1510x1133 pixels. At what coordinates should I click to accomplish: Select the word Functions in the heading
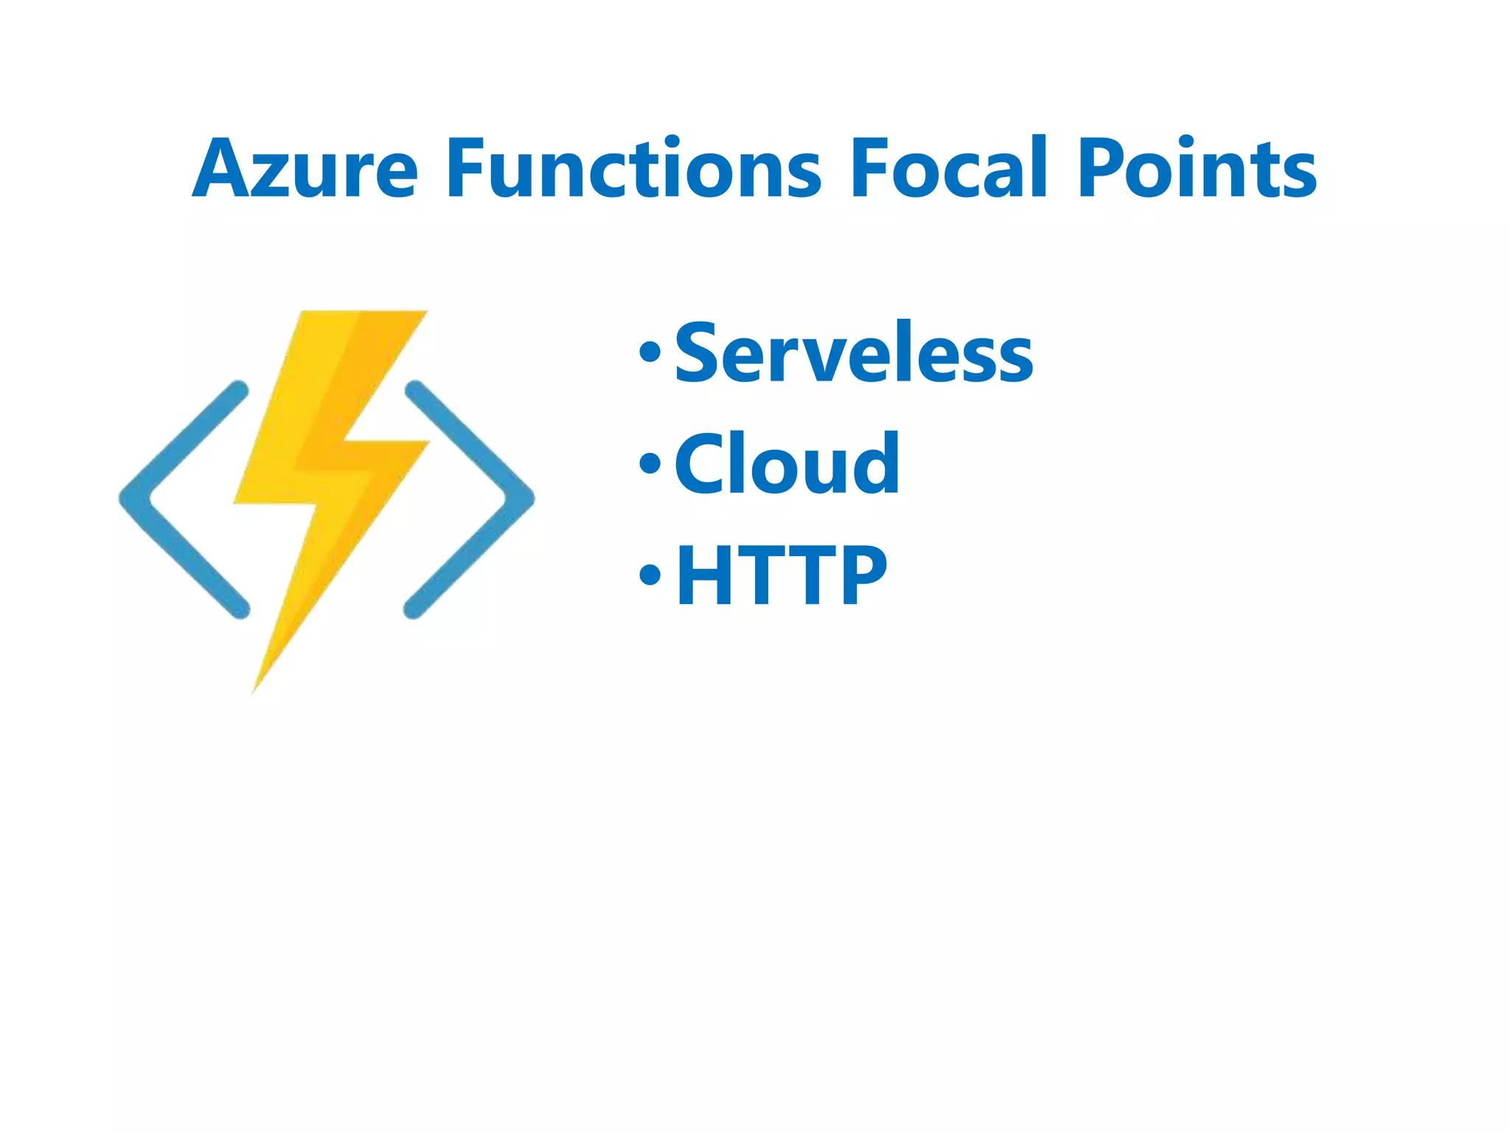[633, 169]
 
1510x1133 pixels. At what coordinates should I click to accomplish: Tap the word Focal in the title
[948, 169]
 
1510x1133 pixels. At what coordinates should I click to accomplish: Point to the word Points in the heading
[1196, 169]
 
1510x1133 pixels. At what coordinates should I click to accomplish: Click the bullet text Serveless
[854, 353]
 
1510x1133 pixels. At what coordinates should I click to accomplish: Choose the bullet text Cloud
[787, 464]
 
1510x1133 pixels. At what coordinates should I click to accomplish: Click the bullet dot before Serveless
[650, 353]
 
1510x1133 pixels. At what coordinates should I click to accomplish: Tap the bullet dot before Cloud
[650, 463]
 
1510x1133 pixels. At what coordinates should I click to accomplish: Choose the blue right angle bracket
[470, 499]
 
